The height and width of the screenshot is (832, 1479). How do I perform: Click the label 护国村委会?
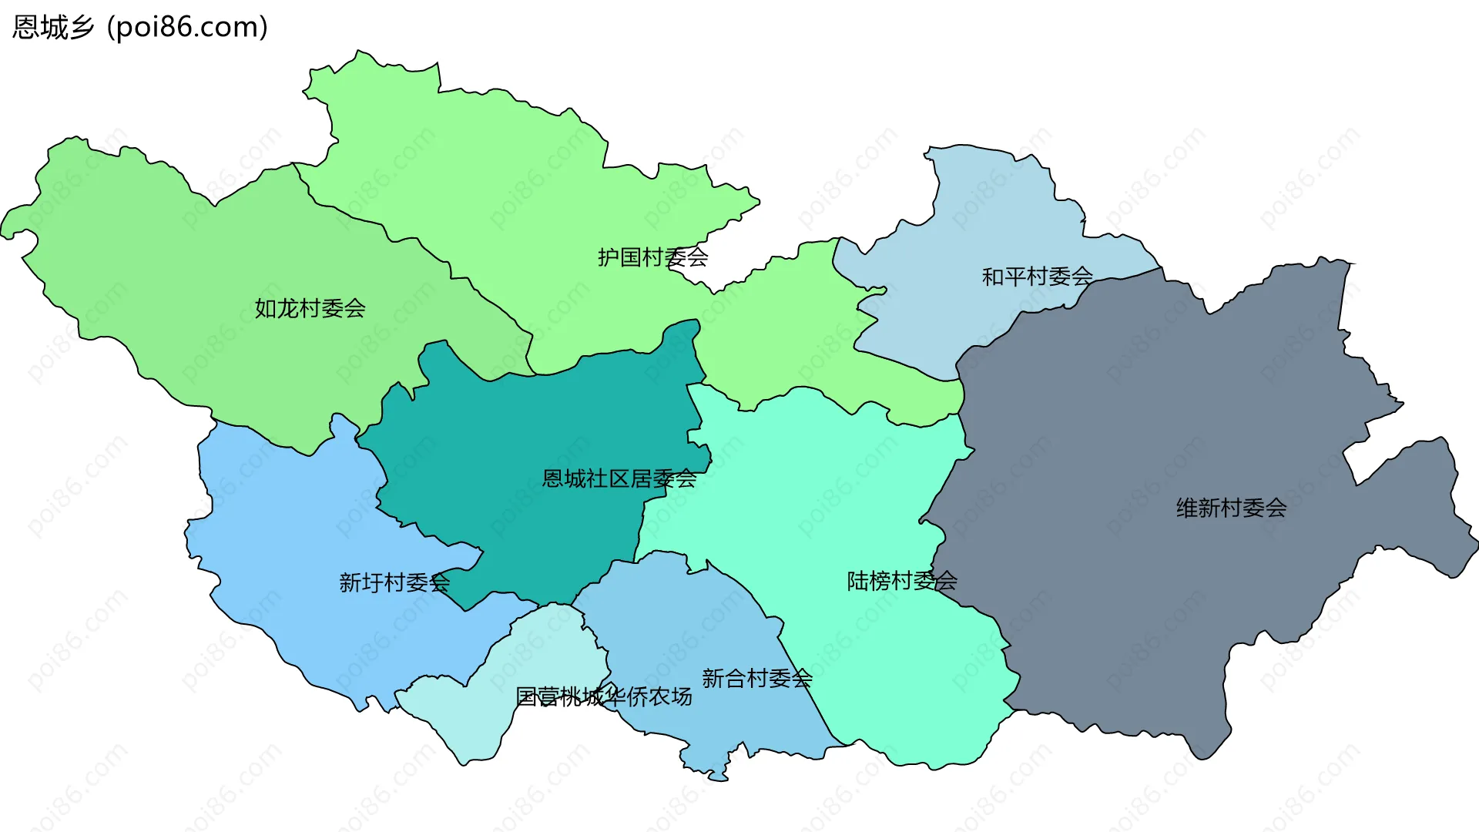point(652,257)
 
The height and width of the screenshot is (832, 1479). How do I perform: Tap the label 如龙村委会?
point(310,309)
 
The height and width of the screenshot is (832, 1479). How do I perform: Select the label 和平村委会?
point(1037,277)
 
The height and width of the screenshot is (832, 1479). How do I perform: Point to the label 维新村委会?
point(1231,508)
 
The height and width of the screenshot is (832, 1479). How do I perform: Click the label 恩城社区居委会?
point(619,479)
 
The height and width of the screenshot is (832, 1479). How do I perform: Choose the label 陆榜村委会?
point(902,581)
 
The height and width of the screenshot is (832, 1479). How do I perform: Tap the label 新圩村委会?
point(394,582)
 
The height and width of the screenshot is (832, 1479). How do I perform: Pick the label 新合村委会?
point(757,679)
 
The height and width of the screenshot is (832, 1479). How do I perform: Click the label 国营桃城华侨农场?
point(603,697)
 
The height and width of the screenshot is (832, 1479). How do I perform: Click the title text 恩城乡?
point(53,28)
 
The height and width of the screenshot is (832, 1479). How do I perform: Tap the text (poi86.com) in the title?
point(188,28)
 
